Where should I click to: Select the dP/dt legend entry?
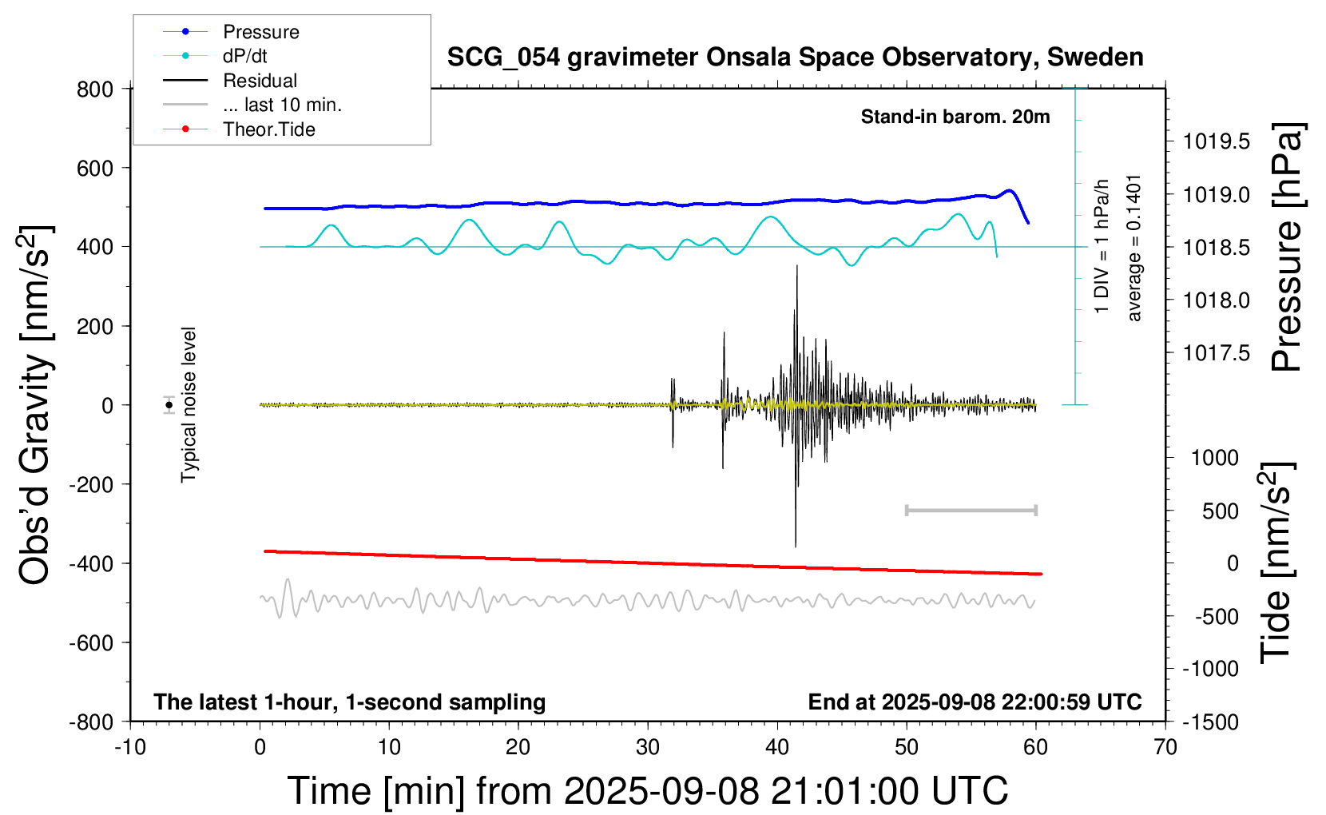[x=244, y=56]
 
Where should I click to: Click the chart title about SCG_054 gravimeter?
[x=795, y=58]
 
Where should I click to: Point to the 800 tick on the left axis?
[x=95, y=89]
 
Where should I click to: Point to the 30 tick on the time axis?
[x=648, y=748]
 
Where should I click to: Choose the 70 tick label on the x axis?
[x=1165, y=748]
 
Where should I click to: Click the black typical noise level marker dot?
[x=169, y=405]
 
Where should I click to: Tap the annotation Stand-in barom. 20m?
[x=955, y=117]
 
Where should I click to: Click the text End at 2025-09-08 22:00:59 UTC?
[x=975, y=702]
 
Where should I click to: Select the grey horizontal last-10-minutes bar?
[x=971, y=510]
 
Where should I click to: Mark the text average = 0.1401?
[x=1134, y=248]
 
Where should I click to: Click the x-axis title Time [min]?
[x=647, y=791]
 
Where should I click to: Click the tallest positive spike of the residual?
[x=796, y=267]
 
